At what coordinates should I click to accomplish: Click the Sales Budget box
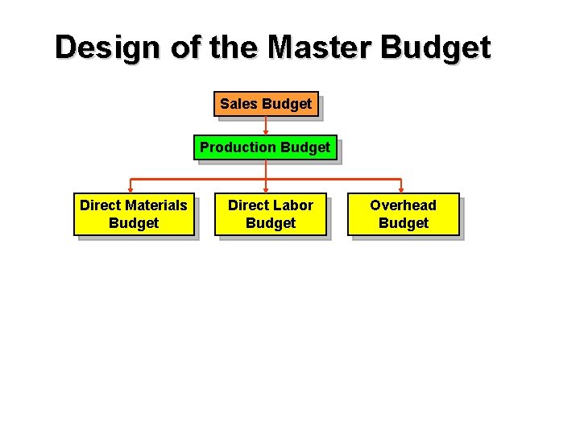click(266, 104)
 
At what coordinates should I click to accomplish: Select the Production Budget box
click(265, 147)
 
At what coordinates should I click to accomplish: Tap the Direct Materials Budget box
click(134, 214)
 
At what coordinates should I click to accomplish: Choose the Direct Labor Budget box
click(271, 214)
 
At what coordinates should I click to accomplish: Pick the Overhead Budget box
click(403, 214)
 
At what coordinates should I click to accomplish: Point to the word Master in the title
click(320, 48)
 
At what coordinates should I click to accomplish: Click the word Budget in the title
click(435, 48)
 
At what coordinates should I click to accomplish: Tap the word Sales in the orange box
click(239, 104)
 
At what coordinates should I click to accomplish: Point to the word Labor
click(292, 205)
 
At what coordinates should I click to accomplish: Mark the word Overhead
click(403, 205)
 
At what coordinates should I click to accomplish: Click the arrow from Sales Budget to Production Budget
click(266, 126)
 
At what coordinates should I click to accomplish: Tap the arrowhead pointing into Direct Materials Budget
click(130, 190)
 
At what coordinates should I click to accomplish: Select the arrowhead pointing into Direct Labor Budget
click(266, 190)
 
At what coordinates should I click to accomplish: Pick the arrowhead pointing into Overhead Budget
click(401, 190)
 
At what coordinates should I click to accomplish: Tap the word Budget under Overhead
click(403, 223)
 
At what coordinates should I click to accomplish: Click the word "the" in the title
click(234, 48)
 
